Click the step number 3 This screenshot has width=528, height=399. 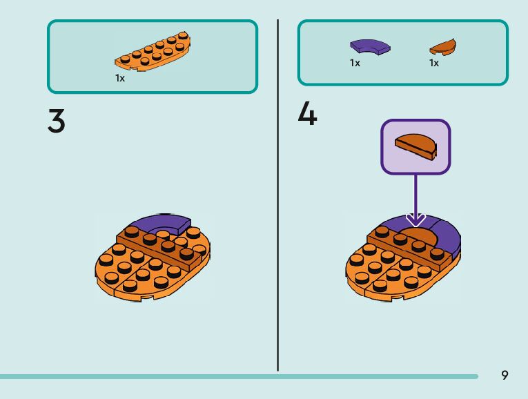click(57, 121)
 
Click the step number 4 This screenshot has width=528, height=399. click(307, 114)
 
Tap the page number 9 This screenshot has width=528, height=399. click(505, 375)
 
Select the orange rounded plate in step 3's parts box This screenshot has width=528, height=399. click(153, 52)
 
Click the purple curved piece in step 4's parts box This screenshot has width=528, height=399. click(369, 47)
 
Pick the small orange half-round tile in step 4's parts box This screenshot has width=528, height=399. click(442, 48)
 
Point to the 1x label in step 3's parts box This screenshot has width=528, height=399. click(120, 78)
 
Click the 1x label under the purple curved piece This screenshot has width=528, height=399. click(355, 63)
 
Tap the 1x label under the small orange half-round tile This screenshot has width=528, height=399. click(434, 63)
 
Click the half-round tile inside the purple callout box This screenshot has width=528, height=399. click(415, 146)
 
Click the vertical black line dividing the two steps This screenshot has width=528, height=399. click(278, 193)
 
